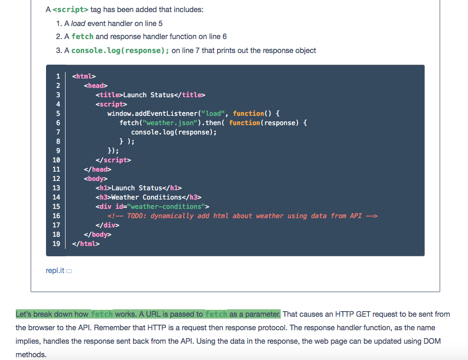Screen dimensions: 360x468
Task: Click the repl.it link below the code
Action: (x=55, y=270)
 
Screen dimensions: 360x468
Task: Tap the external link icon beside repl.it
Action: (x=69, y=271)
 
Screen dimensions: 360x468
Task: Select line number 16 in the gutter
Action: (x=56, y=216)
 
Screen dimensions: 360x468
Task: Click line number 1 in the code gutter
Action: (x=58, y=76)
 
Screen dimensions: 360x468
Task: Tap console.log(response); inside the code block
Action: (x=174, y=132)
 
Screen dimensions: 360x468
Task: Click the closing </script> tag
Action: (x=113, y=160)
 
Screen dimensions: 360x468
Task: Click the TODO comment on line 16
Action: (x=242, y=216)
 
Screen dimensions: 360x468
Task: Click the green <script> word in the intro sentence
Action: (x=71, y=9)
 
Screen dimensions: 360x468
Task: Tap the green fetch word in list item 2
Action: (x=82, y=36)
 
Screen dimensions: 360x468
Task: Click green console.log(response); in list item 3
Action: (x=120, y=50)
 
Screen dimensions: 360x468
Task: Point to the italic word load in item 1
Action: (x=78, y=23)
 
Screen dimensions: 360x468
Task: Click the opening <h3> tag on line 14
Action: (x=103, y=197)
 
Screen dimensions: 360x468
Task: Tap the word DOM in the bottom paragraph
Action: (x=432, y=341)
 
